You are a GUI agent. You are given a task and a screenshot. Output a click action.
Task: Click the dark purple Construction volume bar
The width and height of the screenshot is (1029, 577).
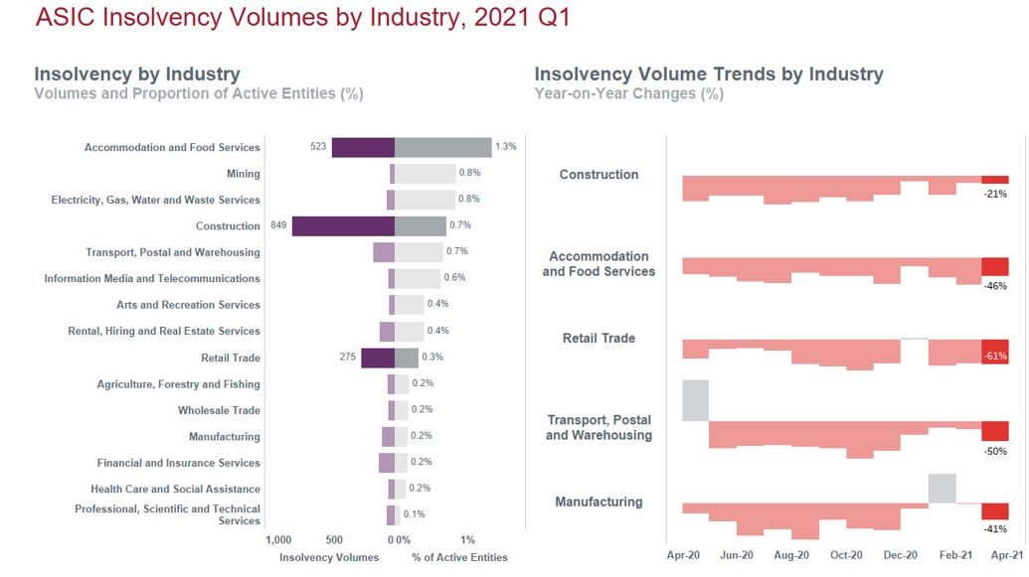[343, 225]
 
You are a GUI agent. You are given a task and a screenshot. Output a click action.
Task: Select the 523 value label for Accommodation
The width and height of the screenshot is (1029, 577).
[318, 147]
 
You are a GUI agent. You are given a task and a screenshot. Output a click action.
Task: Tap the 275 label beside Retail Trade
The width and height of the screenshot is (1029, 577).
[347, 357]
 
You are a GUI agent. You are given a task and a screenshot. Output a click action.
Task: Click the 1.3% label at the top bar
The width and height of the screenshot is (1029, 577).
[505, 147]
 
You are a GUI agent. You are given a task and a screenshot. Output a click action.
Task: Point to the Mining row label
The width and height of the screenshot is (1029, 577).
[244, 174]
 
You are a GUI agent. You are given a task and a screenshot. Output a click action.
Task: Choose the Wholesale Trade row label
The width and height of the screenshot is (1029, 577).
[219, 410]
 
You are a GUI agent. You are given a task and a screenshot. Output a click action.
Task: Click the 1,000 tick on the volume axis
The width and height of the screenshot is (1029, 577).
[279, 540]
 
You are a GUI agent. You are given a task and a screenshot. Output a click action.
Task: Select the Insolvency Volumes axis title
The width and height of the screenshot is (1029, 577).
[329, 558]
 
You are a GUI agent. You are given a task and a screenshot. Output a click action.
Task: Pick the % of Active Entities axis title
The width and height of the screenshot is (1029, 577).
[459, 558]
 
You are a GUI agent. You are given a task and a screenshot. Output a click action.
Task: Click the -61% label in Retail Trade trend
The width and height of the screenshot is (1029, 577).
[995, 356]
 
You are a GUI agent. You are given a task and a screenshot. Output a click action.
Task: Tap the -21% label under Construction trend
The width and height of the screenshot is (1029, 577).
[995, 195]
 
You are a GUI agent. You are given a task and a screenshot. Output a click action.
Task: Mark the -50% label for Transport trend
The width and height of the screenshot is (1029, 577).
[995, 452]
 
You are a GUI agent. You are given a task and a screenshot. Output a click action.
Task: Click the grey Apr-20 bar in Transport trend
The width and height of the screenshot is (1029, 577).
[695, 400]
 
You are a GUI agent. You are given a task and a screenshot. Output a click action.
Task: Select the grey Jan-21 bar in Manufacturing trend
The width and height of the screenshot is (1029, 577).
[943, 489]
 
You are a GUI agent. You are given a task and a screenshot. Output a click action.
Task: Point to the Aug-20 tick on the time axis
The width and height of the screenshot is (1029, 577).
[791, 555]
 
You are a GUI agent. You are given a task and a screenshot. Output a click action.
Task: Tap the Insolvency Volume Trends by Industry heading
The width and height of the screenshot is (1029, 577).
[708, 74]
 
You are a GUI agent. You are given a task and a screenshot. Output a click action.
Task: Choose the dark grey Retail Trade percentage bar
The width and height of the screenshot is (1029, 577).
[407, 358]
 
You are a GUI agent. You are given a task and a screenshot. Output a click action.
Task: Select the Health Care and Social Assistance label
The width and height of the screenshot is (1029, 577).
[175, 489]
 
